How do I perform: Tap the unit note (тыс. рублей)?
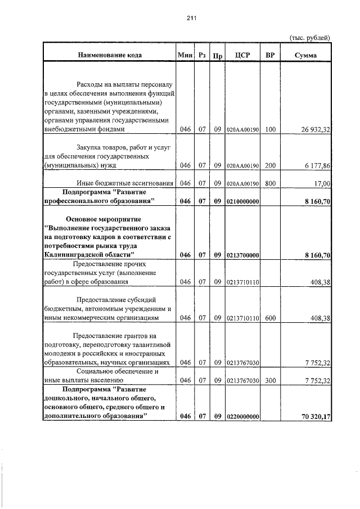(309, 38)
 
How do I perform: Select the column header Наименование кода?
(110, 55)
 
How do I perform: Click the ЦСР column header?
(242, 55)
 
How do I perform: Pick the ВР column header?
(271, 55)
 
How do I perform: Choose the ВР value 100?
(271, 129)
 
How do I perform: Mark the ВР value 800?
(271, 183)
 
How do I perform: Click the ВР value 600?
(271, 318)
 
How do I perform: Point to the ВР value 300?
(271, 380)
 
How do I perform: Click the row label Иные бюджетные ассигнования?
(125, 183)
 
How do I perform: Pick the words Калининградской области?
(89, 255)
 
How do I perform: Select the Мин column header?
(185, 55)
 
